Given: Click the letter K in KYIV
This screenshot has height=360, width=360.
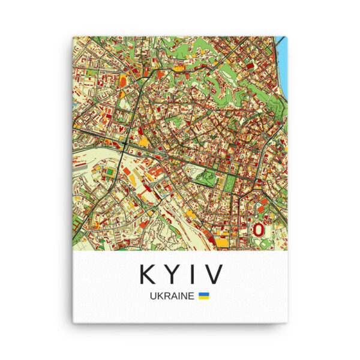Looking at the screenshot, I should click(x=148, y=274).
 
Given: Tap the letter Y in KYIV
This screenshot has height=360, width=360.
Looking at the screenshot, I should click(x=171, y=274).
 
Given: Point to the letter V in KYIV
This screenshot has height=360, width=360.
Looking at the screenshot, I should click(x=213, y=274).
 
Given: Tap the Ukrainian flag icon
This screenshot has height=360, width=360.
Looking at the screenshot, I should click(x=204, y=296).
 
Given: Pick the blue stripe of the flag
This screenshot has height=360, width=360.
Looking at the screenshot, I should click(x=204, y=294).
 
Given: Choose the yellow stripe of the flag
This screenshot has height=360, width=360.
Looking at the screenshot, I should click(x=204, y=298).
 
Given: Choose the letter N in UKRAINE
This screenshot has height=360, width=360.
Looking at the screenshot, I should click(x=184, y=296).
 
